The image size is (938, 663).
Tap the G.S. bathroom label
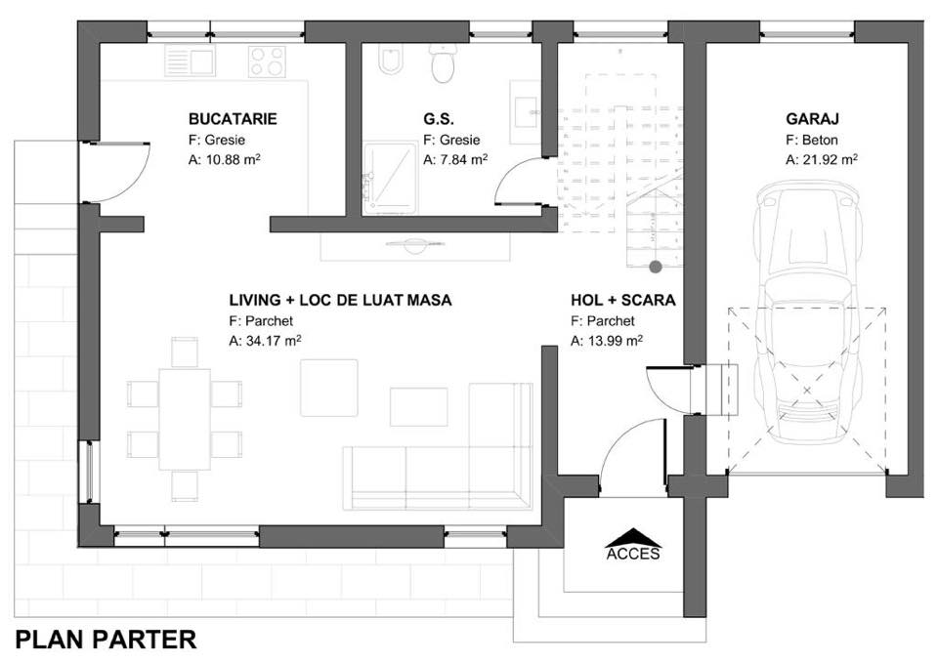(x=439, y=119)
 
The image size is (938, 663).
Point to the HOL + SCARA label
(x=622, y=300)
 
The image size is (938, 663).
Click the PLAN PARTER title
(x=106, y=640)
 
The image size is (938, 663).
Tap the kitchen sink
(x=191, y=61)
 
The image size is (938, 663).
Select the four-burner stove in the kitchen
(x=267, y=62)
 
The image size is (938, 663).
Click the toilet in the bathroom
(x=443, y=62)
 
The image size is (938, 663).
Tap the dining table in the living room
(x=185, y=419)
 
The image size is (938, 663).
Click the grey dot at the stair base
(x=656, y=268)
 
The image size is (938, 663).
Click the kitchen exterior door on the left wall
(x=115, y=172)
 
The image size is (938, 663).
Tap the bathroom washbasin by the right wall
(x=526, y=111)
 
